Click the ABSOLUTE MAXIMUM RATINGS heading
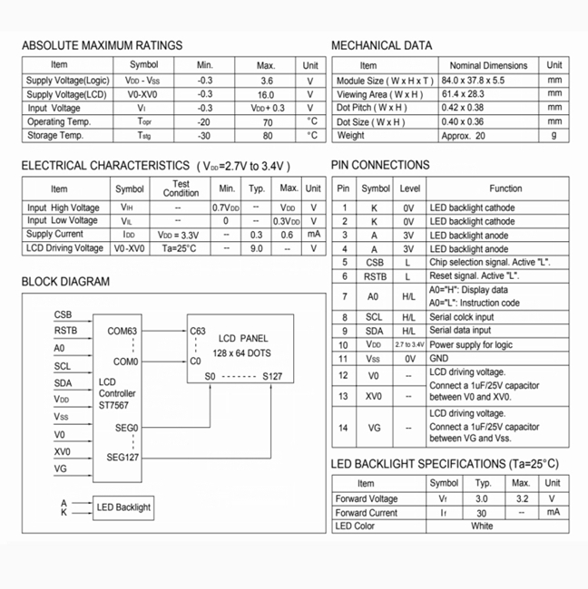(102, 45)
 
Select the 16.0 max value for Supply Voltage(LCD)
(265, 94)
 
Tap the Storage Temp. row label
(55, 135)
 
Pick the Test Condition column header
(181, 188)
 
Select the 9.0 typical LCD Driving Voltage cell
(257, 247)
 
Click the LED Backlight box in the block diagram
(123, 507)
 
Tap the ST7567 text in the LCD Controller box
(115, 407)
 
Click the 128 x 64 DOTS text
(241, 352)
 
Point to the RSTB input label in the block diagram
(65, 331)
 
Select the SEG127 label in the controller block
(123, 457)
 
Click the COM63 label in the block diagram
(122, 331)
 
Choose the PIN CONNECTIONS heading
(380, 165)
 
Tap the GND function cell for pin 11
(439, 359)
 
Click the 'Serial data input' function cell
(462, 331)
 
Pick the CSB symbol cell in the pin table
(375, 262)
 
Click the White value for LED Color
(482, 526)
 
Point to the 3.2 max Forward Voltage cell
(521, 498)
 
